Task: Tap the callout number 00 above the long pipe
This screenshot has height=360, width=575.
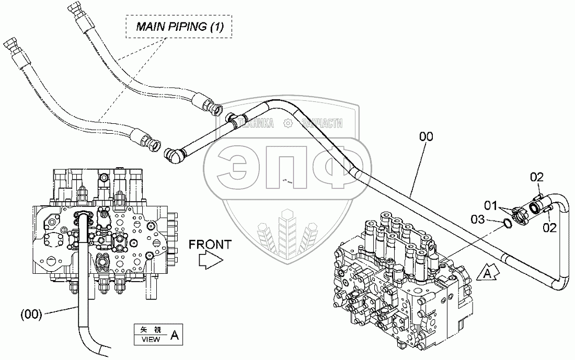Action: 426,137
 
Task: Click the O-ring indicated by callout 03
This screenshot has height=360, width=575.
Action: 506,224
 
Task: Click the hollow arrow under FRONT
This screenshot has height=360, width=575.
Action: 212,260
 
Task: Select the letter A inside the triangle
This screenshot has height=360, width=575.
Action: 486,273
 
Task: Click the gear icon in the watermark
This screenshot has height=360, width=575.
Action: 286,123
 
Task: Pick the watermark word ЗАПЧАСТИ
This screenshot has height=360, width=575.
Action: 321,123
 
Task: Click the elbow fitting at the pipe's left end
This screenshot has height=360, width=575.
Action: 174,155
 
